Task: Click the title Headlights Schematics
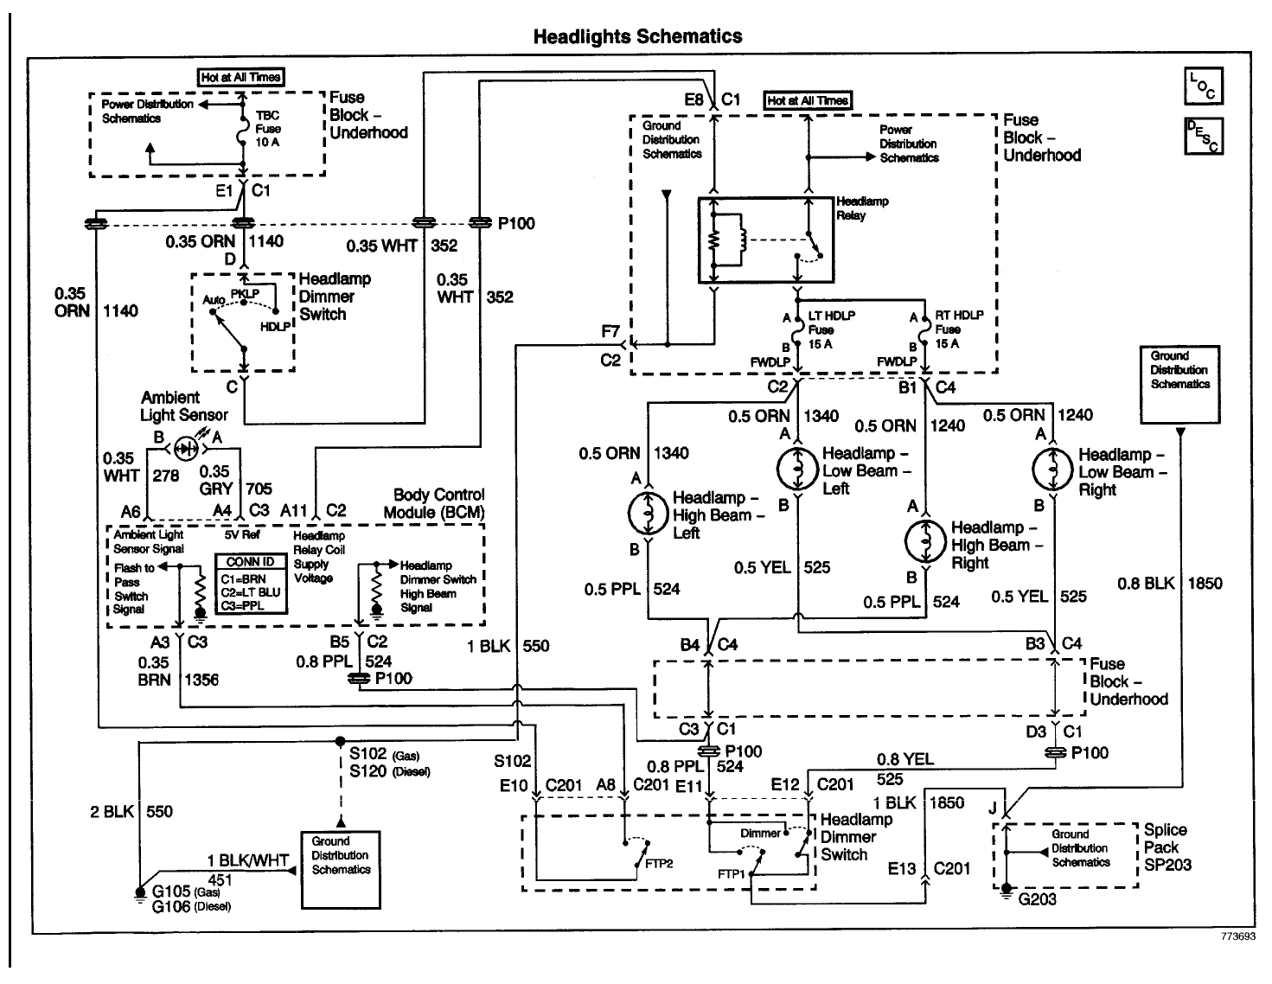(637, 36)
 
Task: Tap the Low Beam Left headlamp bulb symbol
(792, 470)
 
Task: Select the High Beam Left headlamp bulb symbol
(647, 514)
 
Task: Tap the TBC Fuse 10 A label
(268, 129)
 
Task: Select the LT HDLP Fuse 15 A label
(825, 329)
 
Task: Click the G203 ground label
(1036, 899)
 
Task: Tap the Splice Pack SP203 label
(1167, 847)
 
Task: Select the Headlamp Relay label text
(862, 208)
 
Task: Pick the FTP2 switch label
(659, 863)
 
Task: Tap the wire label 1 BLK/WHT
(247, 860)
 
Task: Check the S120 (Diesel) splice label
(389, 771)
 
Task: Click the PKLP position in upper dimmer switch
(245, 293)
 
